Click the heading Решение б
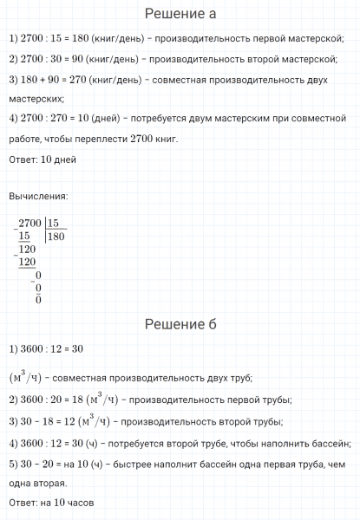(180, 324)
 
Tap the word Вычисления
(38, 198)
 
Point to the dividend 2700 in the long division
(29, 223)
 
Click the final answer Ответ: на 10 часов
(49, 502)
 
